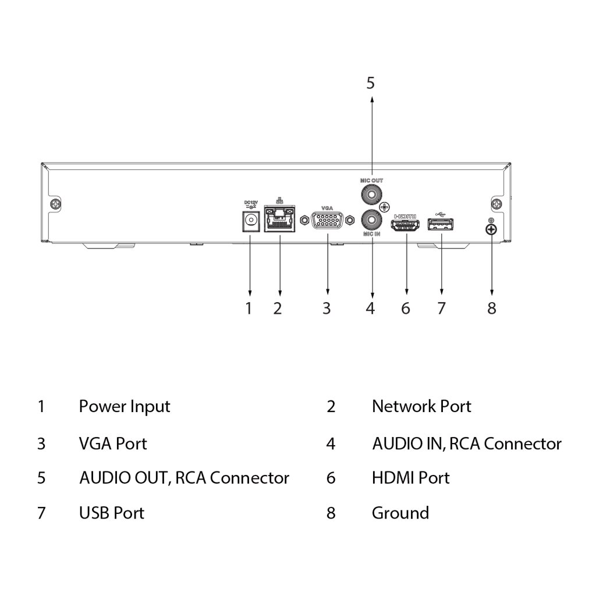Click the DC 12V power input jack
click(251, 221)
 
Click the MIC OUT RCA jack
click(370, 193)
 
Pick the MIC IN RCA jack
click(370, 220)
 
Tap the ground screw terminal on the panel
click(491, 230)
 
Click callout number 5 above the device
click(371, 83)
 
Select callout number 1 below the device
click(249, 308)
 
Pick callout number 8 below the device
click(492, 308)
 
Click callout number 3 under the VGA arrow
click(327, 308)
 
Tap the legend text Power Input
click(125, 406)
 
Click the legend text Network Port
click(421, 406)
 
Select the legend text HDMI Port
click(410, 478)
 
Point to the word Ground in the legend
click(400, 513)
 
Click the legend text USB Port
click(111, 513)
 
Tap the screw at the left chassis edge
click(55, 204)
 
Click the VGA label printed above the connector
click(327, 207)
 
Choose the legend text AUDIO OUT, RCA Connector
click(184, 478)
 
